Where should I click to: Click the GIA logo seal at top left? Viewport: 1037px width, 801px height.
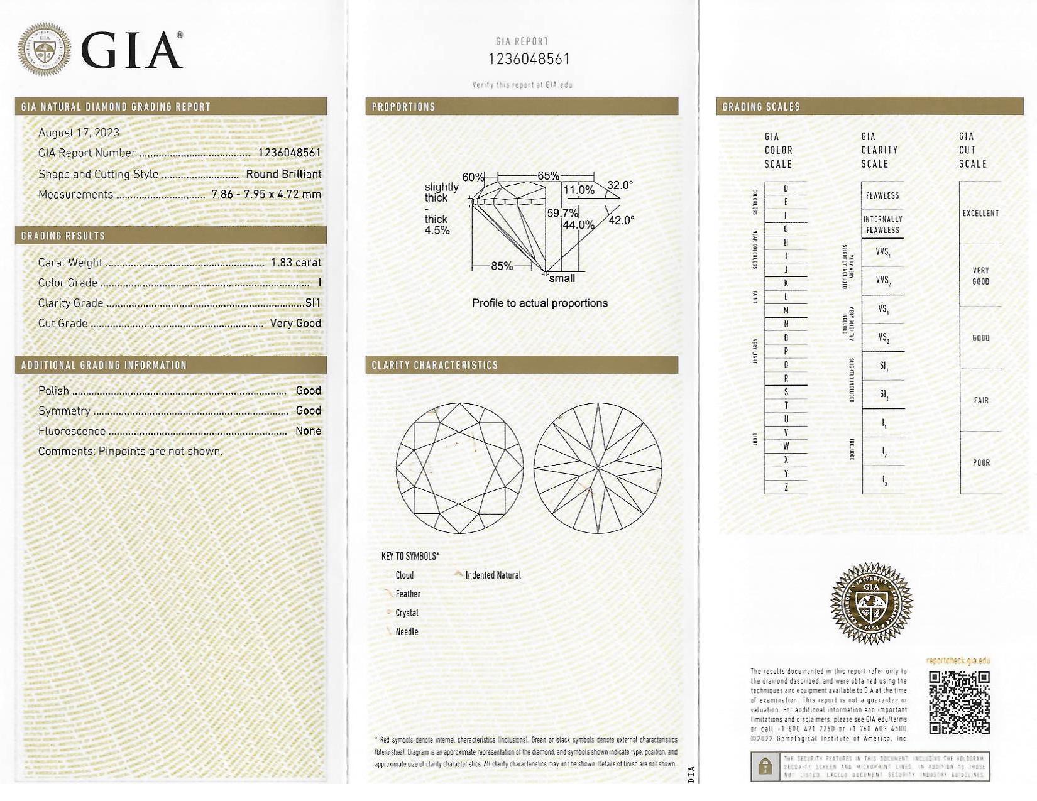coord(44,50)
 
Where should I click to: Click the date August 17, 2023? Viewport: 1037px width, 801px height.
coord(79,133)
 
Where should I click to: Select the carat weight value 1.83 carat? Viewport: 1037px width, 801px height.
coord(295,263)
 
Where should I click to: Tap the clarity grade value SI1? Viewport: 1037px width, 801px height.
coord(312,303)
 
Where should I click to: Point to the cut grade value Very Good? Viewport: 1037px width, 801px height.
coord(295,323)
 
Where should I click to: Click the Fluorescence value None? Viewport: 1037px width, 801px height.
coord(308,431)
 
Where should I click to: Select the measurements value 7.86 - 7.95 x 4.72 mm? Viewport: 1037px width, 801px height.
coord(266,194)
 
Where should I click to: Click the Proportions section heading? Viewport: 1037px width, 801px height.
coord(403,107)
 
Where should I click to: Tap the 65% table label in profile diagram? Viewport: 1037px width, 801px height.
coord(548,176)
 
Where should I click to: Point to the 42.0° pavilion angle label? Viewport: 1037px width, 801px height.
coord(621,220)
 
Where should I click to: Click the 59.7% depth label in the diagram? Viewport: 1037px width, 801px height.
coord(562,213)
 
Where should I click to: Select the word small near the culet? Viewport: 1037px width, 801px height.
coord(562,278)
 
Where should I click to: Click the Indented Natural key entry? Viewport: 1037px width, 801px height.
coord(493,575)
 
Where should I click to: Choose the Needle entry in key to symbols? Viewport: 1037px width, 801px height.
coord(407,631)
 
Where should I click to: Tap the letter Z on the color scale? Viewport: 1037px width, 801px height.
coord(786,487)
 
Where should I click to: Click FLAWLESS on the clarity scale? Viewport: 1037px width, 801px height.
coord(882,195)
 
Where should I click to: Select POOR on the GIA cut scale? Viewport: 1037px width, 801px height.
coord(981,462)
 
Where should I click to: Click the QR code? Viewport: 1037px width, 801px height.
coord(959,702)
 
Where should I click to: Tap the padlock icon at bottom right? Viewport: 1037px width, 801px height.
coord(765,766)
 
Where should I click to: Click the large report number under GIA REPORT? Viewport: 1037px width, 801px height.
coord(529,59)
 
